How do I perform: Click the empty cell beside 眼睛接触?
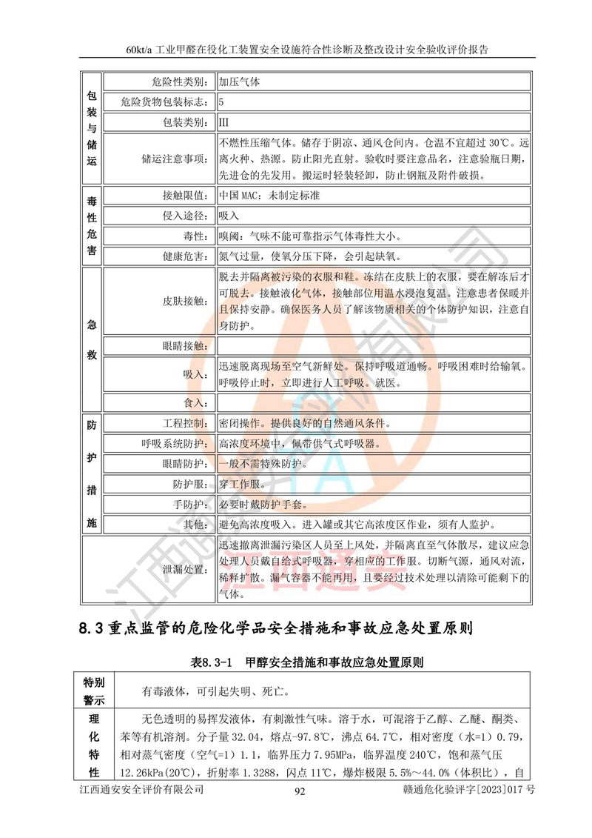coord(373,345)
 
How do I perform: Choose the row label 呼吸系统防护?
coord(172,444)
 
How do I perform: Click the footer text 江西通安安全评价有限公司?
coord(141,791)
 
